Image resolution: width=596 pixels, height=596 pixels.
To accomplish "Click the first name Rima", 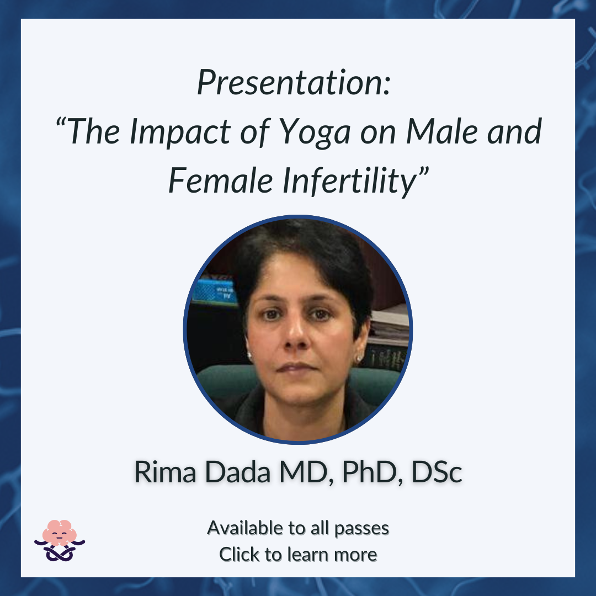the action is (x=166, y=472).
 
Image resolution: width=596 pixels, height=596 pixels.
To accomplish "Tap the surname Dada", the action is (x=237, y=472).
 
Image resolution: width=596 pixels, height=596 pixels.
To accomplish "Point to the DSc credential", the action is (x=437, y=472).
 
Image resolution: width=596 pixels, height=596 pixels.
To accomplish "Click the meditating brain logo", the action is (x=60, y=540).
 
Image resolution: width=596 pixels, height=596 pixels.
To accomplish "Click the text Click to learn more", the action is (x=298, y=554).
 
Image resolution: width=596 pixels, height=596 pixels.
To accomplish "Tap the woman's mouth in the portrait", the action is (x=297, y=367).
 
